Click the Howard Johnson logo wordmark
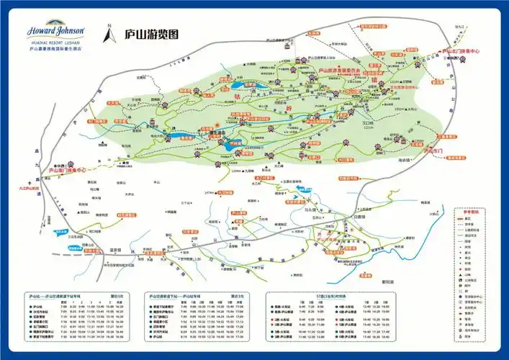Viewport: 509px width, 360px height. pyautogui.click(x=56, y=31)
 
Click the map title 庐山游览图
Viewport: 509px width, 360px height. pyautogui.click(x=151, y=35)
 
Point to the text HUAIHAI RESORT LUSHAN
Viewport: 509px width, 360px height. pyautogui.click(x=56, y=42)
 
